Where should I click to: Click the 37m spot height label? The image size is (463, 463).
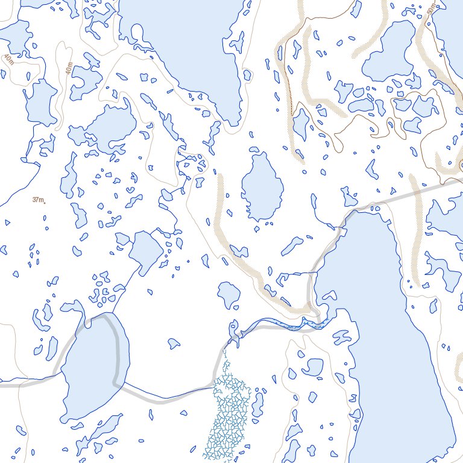click(37, 200)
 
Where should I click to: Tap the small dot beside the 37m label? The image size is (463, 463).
click(45, 203)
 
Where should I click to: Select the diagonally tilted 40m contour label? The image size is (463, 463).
click(8, 59)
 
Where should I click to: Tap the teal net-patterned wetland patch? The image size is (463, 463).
click(226, 416)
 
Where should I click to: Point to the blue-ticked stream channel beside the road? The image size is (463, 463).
click(283, 326)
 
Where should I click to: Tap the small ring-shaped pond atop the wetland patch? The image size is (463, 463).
click(233, 329)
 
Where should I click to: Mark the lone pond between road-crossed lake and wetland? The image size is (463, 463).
click(174, 344)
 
